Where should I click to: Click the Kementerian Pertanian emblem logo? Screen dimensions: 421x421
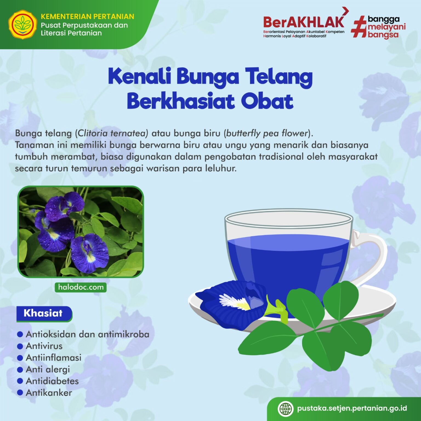point(22,25)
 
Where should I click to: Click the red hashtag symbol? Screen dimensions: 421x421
point(359,27)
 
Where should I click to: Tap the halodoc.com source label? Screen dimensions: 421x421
point(81,287)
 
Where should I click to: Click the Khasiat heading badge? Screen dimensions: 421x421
point(43,313)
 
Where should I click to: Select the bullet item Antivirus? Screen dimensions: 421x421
point(44,346)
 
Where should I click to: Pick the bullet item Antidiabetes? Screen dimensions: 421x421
point(52,381)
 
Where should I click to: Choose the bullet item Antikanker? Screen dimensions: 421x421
point(49,393)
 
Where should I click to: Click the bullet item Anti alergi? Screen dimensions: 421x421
point(48,369)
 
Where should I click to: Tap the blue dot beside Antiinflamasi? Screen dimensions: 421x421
point(20,358)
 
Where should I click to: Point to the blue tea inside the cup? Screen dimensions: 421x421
point(288,260)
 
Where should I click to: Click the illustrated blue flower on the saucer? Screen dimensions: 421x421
point(233,299)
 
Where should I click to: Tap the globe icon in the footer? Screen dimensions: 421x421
point(286,409)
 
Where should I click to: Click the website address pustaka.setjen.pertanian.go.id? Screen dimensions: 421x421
point(352,408)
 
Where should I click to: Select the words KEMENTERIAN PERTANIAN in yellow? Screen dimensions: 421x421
point(87,16)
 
